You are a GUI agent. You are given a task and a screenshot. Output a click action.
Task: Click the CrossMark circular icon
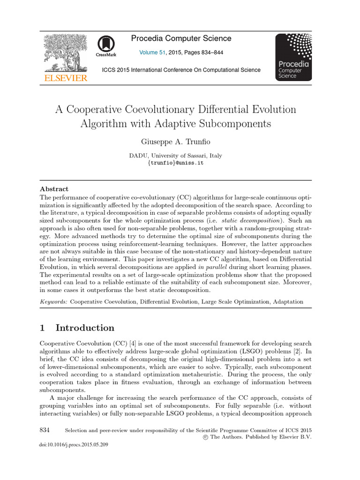coord(105,45)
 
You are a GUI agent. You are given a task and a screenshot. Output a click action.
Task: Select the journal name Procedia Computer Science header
coord(181,38)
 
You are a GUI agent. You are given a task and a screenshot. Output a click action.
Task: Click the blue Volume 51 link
coord(152,53)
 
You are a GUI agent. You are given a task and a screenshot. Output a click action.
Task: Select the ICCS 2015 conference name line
coord(181,70)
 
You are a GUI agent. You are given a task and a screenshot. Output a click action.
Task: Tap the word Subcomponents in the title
coord(232,124)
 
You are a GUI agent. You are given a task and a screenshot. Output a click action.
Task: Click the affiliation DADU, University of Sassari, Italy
coord(176,156)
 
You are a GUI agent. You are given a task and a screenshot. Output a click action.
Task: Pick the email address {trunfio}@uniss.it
coord(176,163)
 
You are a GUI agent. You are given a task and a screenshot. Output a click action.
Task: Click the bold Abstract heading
coord(54,189)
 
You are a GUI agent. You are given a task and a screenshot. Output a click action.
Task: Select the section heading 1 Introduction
coord(77,328)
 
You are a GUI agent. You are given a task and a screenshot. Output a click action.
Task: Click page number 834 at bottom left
coord(45,430)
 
